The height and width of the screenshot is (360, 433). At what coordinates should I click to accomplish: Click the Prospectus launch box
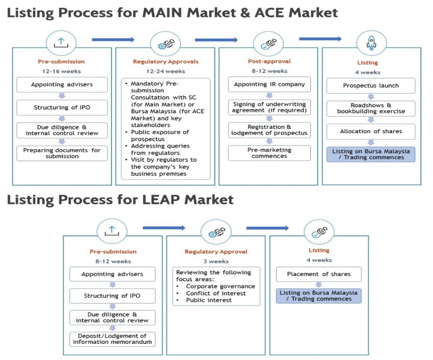tap(371, 85)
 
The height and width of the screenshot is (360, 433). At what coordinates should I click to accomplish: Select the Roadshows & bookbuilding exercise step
tap(371, 108)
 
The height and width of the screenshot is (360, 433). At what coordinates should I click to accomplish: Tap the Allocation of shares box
tap(371, 131)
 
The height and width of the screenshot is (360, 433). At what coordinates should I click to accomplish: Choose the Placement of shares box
tap(319, 274)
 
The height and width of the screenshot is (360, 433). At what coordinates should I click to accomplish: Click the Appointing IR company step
tap(269, 84)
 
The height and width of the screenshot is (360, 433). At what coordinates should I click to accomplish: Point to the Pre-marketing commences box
tap(269, 153)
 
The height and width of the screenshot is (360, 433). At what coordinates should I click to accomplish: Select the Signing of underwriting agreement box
tap(269, 107)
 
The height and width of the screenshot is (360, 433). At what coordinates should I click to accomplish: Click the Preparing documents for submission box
tap(62, 153)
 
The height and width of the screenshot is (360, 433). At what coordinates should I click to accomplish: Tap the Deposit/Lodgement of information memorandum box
tap(112, 339)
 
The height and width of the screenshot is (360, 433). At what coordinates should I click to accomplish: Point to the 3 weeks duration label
tap(216, 261)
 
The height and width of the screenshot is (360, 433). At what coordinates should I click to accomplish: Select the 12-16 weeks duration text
tap(61, 71)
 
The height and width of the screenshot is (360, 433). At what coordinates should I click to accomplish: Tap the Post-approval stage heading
tap(269, 61)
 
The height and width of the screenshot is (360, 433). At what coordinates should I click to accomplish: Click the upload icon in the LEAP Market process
tap(112, 231)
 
